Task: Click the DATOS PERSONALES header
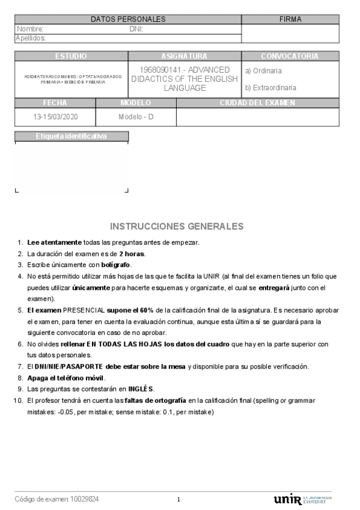click(x=128, y=19)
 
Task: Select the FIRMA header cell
click(x=290, y=19)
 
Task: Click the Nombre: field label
click(x=30, y=29)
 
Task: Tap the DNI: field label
click(x=136, y=29)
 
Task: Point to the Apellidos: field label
click(x=31, y=38)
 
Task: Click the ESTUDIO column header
click(x=71, y=56)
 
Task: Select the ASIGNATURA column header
click(x=185, y=56)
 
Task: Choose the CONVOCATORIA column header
click(x=290, y=56)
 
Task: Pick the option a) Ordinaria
click(x=263, y=71)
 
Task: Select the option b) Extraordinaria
click(x=270, y=88)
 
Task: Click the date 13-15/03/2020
click(x=55, y=116)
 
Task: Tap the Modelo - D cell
click(x=136, y=116)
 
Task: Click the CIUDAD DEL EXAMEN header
click(x=257, y=103)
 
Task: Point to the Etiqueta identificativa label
click(x=71, y=137)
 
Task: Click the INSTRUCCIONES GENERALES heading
click(x=177, y=227)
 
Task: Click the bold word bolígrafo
click(x=115, y=265)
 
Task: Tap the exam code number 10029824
click(x=85, y=499)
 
